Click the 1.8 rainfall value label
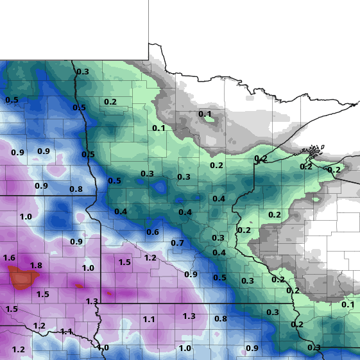(36, 266)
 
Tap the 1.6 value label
(9, 258)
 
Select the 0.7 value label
(178, 243)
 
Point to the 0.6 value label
(153, 232)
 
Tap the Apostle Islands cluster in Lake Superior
(313, 153)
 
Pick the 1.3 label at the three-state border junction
(92, 302)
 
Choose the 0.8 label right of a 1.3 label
(221, 319)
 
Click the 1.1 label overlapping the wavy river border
(67, 332)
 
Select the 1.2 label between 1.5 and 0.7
(150, 258)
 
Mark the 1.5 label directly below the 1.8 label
(43, 295)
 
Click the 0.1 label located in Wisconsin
(347, 305)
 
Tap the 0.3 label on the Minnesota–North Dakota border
(83, 72)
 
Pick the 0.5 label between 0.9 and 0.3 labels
(219, 278)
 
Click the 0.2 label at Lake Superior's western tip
(261, 159)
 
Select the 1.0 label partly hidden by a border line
(103, 348)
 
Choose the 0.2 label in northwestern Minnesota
(110, 102)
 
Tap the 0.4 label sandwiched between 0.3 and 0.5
(219, 253)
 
